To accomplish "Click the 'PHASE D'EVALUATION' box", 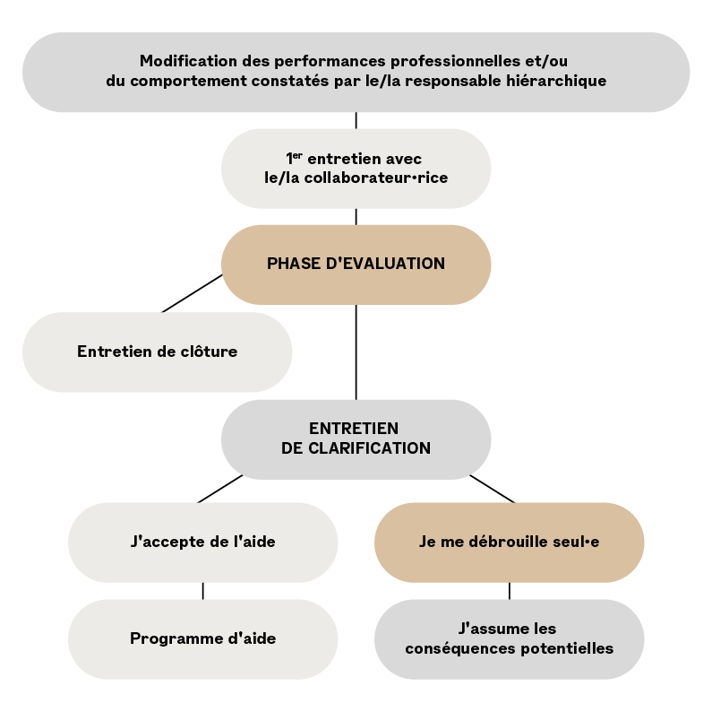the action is click(x=356, y=265).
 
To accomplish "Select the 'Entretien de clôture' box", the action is click(x=157, y=352).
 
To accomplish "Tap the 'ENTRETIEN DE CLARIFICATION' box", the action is click(x=356, y=439).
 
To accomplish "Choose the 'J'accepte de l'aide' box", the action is click(x=203, y=543).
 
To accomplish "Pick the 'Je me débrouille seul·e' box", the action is click(x=509, y=543).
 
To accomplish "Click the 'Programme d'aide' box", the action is click(x=203, y=639).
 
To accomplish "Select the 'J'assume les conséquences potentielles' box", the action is click(x=509, y=639).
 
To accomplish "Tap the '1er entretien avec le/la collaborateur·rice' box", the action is click(x=356, y=169).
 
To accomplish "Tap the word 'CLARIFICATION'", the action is click(x=369, y=448).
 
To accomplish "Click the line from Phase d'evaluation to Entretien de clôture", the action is click(x=192, y=293).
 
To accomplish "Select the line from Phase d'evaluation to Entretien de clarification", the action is click(x=356, y=352).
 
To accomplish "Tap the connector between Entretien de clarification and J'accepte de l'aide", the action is click(x=219, y=490).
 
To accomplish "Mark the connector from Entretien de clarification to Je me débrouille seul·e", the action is click(x=493, y=490).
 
